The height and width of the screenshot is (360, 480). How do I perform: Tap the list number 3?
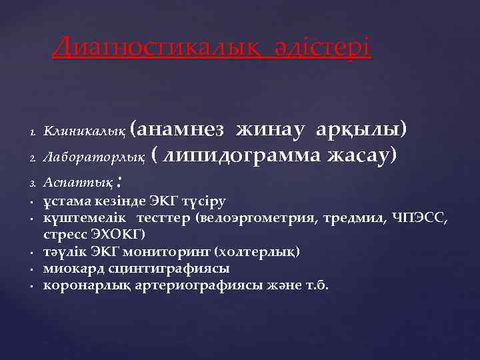(31, 183)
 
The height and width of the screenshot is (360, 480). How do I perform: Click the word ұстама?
(65, 202)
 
